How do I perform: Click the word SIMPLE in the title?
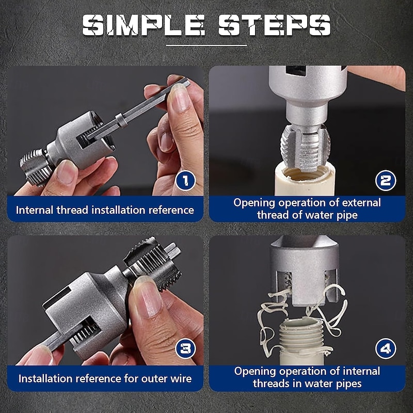pos(144,25)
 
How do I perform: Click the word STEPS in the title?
pos(274,25)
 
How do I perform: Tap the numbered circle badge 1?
pos(185,180)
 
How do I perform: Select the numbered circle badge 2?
pos(386,180)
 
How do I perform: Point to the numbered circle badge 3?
pos(185,348)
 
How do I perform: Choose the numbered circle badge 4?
pos(386,348)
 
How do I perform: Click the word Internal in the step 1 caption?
pos(35,210)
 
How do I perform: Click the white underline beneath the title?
pos(206,45)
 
